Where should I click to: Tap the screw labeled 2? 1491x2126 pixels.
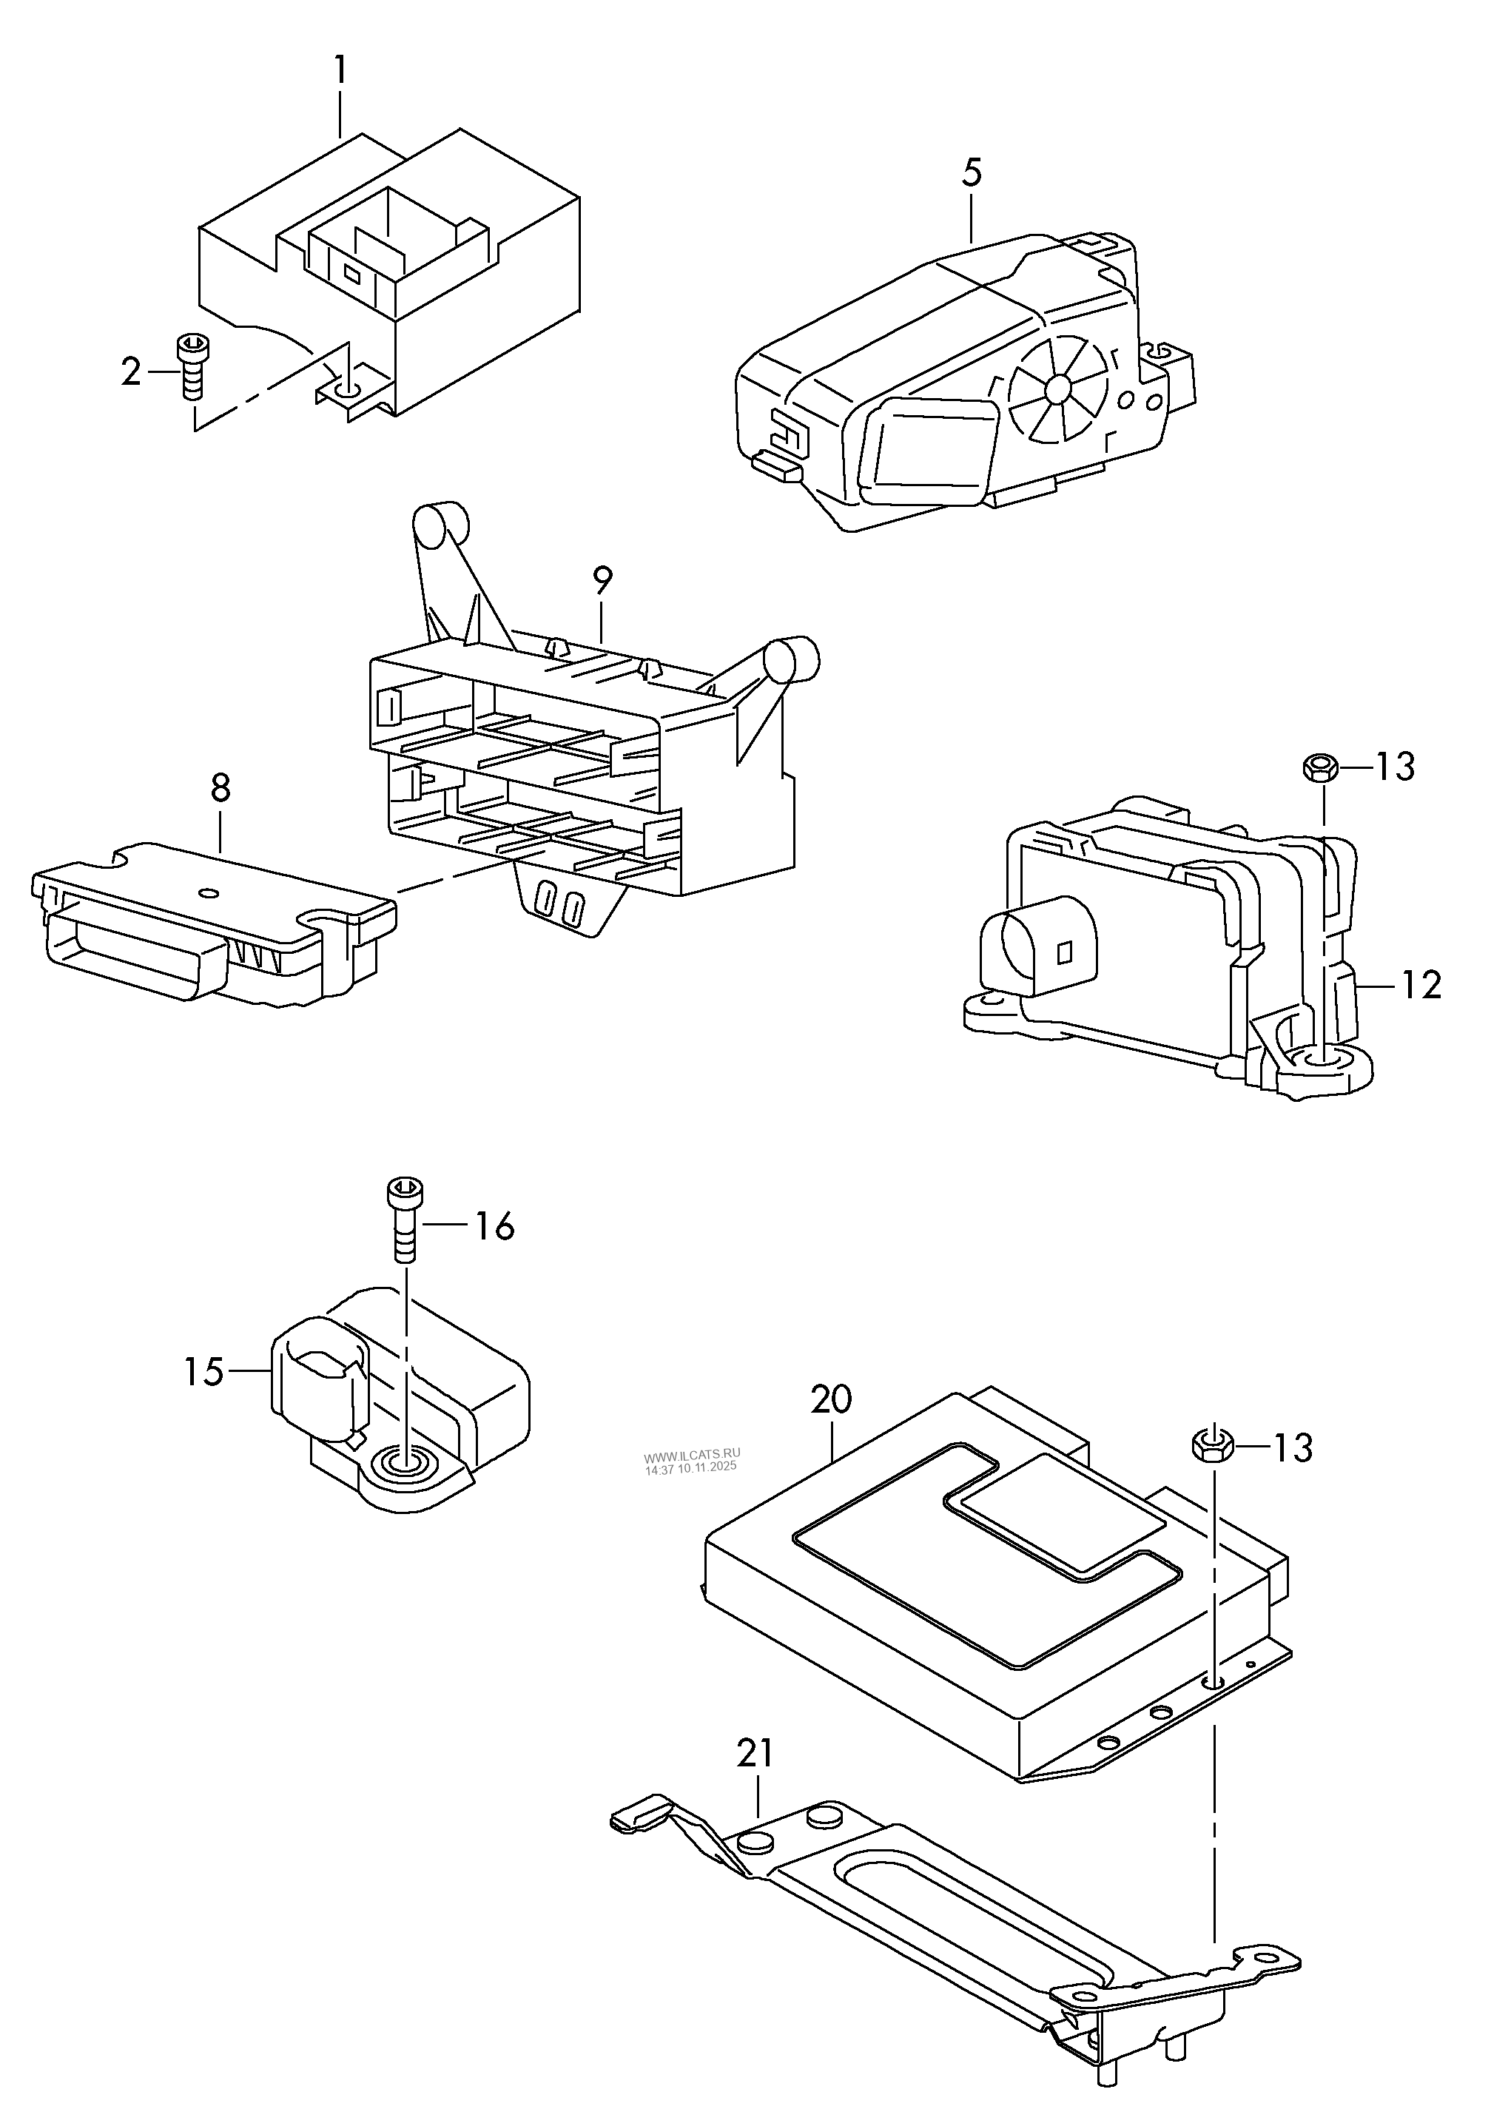pos(192,365)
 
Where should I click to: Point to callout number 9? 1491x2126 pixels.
pos(602,582)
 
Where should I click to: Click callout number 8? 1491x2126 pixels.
pos(221,789)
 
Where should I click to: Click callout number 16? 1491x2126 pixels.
pos(494,1227)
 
